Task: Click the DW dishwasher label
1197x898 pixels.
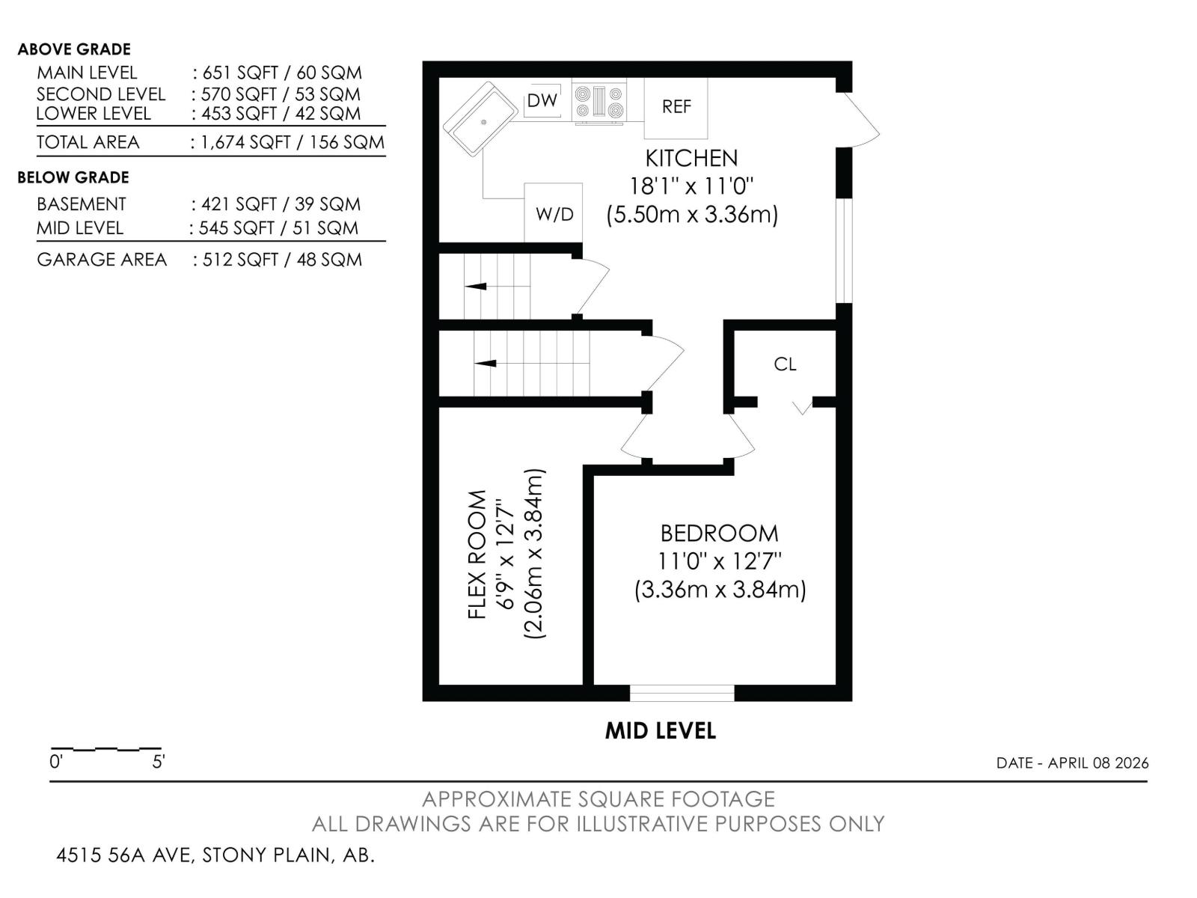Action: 542,100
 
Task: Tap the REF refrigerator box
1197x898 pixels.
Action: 676,107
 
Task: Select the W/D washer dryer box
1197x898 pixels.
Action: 554,213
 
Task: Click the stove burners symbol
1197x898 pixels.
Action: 598,103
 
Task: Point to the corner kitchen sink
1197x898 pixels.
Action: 480,120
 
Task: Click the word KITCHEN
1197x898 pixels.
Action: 691,159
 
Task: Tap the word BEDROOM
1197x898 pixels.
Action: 719,534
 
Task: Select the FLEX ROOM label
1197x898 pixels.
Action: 477,554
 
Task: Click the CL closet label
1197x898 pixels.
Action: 785,364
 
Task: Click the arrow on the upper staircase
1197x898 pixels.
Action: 476,286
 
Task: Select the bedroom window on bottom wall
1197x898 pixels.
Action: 682,693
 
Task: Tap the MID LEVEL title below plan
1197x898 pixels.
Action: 660,731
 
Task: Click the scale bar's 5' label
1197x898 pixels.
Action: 159,763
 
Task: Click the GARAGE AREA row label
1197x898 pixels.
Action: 102,260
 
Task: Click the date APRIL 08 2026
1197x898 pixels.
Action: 1097,763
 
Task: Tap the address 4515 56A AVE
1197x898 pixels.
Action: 125,855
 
